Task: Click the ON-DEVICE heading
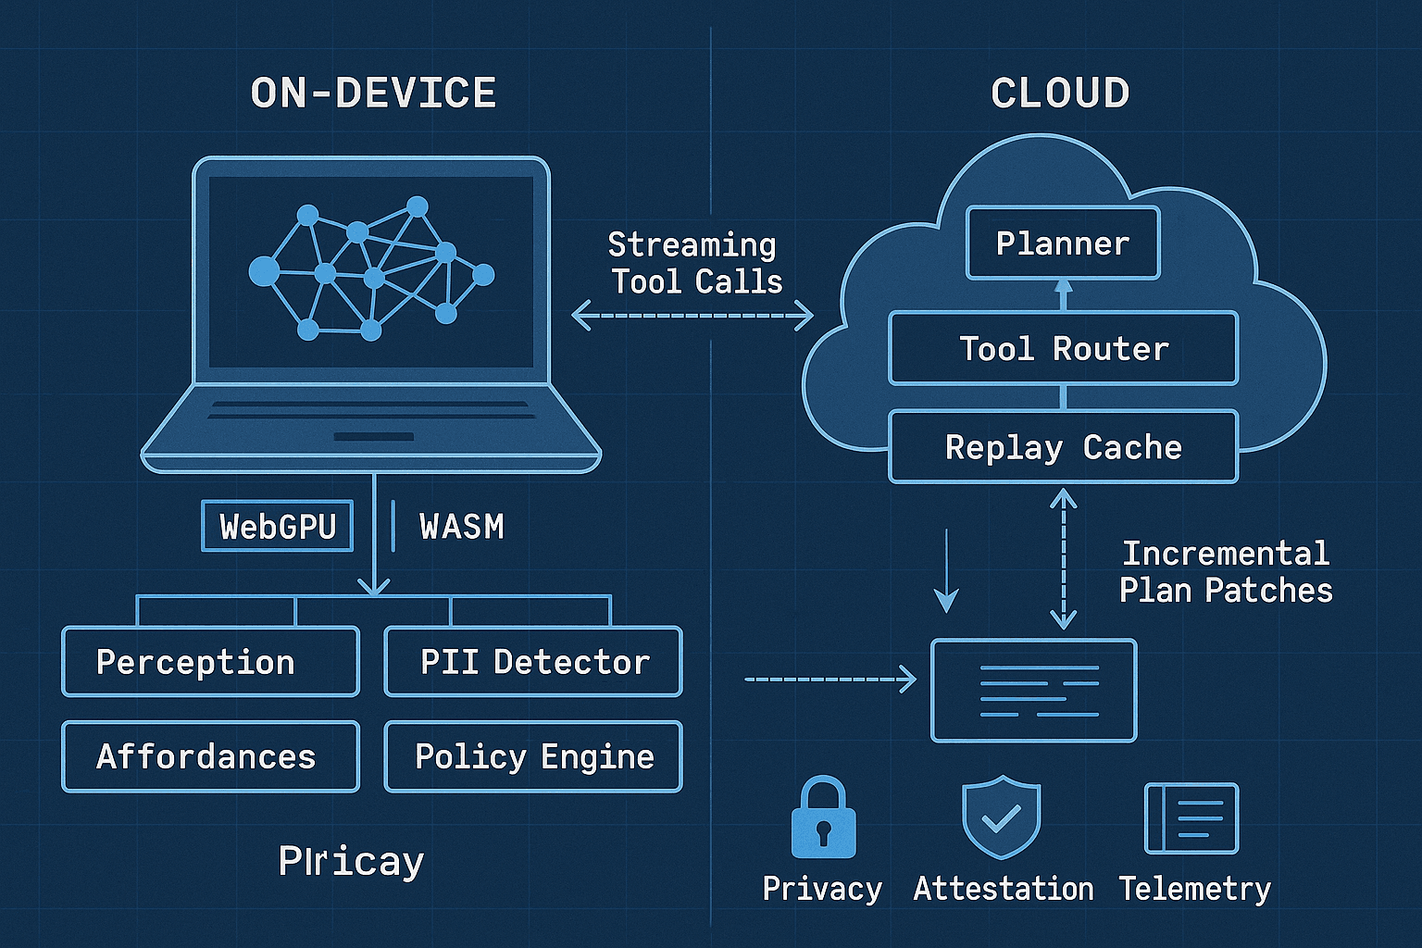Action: point(373,94)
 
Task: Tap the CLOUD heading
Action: point(1060,94)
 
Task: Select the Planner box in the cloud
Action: point(1063,243)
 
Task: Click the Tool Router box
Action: point(1063,349)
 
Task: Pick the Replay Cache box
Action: point(1063,447)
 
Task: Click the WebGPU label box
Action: point(278,527)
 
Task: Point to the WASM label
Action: point(461,527)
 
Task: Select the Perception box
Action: point(210,662)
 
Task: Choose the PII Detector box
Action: point(533,662)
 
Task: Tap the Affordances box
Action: point(210,756)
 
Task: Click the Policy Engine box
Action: point(533,756)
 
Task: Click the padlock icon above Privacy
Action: point(823,819)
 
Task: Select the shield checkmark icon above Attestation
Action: point(1001,818)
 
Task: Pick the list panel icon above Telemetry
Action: point(1191,818)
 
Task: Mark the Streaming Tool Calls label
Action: point(694,263)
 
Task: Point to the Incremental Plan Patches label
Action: point(1225,572)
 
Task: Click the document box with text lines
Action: point(1033,691)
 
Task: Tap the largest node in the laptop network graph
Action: point(264,271)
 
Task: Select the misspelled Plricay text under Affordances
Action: point(351,862)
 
